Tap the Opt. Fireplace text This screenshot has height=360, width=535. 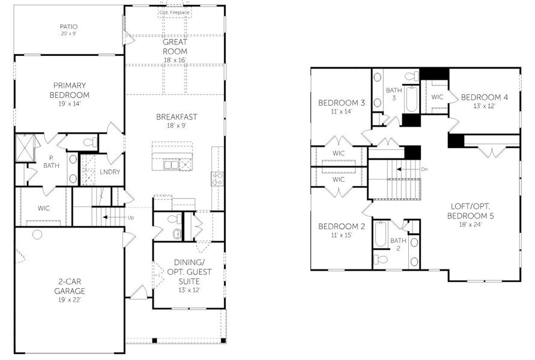point(175,12)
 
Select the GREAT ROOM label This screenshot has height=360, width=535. point(175,47)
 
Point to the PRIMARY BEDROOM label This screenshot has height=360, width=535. point(70,90)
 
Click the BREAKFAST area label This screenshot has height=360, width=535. point(177,117)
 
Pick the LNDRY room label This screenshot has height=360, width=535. point(110,172)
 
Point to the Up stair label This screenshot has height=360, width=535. point(131,217)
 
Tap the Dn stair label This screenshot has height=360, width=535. point(425,169)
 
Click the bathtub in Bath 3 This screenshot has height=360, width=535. point(411,99)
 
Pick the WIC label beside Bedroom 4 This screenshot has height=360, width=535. point(437,97)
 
